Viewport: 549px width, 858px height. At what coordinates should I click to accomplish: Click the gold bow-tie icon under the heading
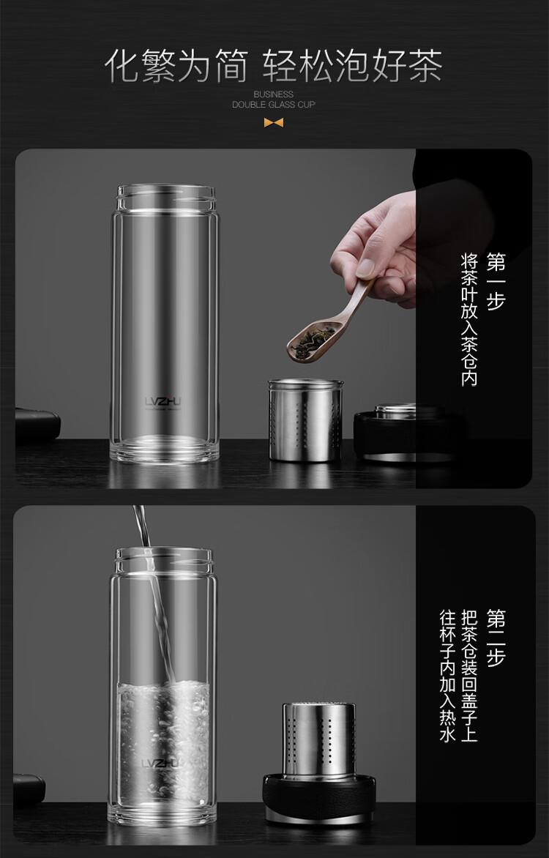tap(273, 123)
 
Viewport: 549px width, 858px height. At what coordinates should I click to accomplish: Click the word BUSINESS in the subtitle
tap(273, 94)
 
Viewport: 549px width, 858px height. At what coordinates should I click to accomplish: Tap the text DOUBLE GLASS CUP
tap(274, 105)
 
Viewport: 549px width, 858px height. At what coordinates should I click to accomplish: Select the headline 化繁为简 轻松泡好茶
tap(273, 66)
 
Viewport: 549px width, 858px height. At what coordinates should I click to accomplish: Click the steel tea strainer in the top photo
tap(305, 419)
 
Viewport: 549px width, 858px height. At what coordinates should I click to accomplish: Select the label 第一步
tap(496, 281)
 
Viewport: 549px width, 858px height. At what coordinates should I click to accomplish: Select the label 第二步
tap(496, 638)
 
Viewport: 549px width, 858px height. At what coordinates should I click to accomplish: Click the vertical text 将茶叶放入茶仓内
tap(469, 320)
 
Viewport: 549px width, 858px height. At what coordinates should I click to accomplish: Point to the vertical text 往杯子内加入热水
tap(448, 676)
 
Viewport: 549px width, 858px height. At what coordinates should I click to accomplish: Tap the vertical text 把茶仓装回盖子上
tap(469, 676)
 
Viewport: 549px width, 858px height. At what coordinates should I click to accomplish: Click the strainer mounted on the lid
tap(319, 739)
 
